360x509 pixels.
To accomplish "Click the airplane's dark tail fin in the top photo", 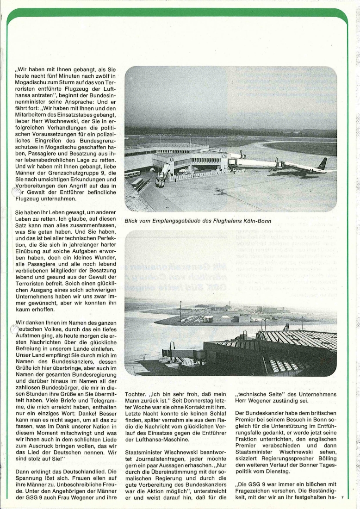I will point(322,163).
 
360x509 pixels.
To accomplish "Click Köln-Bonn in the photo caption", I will point(254,220).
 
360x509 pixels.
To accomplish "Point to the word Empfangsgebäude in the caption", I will point(179,220).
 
